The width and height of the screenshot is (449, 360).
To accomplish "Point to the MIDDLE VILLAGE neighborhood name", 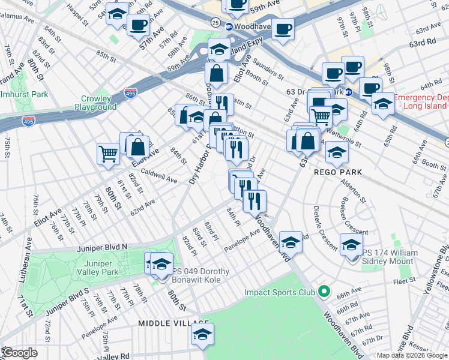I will point(166,323).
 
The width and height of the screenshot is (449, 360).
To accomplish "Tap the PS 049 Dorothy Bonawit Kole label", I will point(201,275).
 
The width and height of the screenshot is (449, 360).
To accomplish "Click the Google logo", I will point(19,353).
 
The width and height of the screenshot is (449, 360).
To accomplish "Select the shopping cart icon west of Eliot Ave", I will point(108,154).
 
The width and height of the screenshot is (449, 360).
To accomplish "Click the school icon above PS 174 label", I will point(351,245).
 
